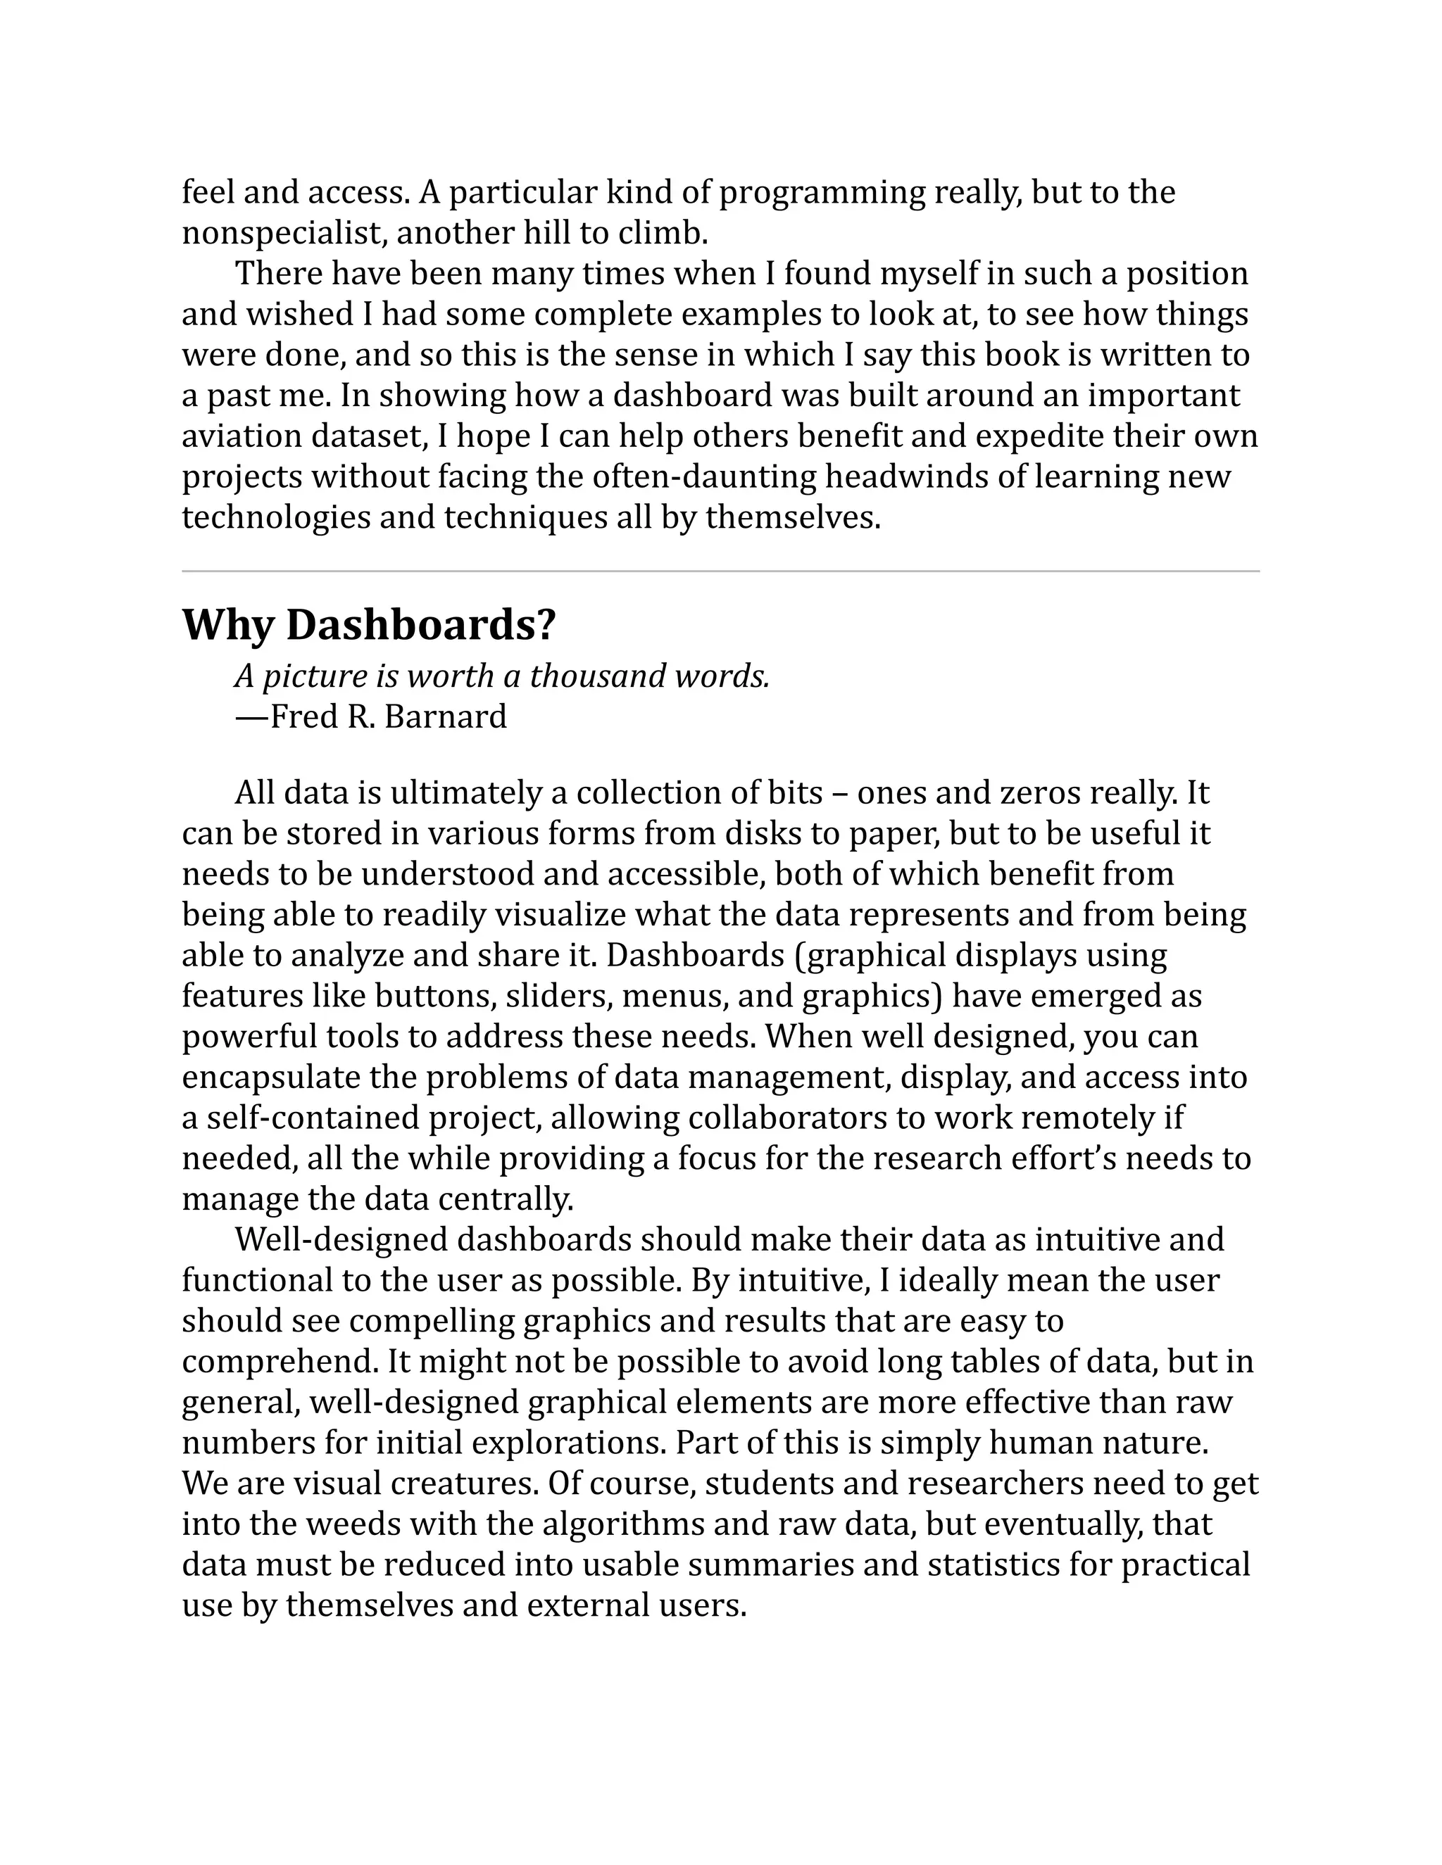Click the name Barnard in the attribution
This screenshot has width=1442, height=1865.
click(x=445, y=716)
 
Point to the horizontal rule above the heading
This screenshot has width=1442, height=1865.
click(x=720, y=571)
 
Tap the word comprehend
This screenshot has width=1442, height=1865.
click(x=280, y=1361)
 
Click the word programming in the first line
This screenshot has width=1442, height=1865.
click(x=822, y=192)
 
